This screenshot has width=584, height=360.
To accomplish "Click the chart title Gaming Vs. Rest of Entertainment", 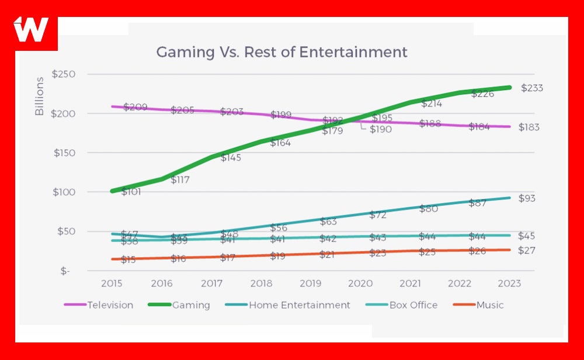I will (281, 52).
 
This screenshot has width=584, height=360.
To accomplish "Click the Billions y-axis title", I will (40, 96).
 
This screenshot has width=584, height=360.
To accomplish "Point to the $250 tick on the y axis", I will (64, 74).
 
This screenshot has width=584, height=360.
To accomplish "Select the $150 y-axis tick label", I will (64, 153).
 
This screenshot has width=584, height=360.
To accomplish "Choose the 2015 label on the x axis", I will (112, 283).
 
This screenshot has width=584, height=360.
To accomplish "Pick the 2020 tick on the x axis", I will (360, 283).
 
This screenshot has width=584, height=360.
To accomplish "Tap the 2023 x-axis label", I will (509, 283).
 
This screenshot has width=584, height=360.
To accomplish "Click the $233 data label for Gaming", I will (532, 89).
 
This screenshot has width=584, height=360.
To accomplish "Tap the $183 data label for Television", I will (529, 127).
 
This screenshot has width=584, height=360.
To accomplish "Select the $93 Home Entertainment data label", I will (527, 199).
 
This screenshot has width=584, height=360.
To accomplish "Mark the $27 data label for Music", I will (527, 251).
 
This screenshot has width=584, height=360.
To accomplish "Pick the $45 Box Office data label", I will (527, 237).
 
